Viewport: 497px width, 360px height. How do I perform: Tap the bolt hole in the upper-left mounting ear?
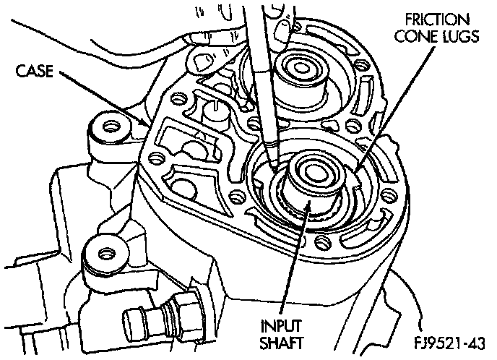coord(111,127)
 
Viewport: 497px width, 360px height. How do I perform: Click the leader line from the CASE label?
coord(101,98)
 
